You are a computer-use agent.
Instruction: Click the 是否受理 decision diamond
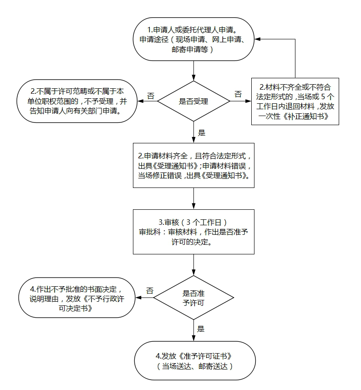point(194,101)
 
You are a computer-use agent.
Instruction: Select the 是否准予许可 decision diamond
point(193,298)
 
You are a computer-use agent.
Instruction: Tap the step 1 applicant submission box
point(194,40)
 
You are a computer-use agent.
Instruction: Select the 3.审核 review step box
point(193,231)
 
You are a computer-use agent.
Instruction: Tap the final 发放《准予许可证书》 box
point(193,360)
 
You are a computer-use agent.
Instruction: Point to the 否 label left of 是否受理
point(150,96)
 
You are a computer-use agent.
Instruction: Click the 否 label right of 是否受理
point(238,94)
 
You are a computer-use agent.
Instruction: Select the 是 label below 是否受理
point(202,133)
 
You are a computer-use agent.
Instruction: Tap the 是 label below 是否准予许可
point(201,329)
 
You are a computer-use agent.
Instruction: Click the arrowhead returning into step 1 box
point(258,40)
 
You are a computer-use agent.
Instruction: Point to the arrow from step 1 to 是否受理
point(194,71)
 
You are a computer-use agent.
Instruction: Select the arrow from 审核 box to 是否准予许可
point(194,264)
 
